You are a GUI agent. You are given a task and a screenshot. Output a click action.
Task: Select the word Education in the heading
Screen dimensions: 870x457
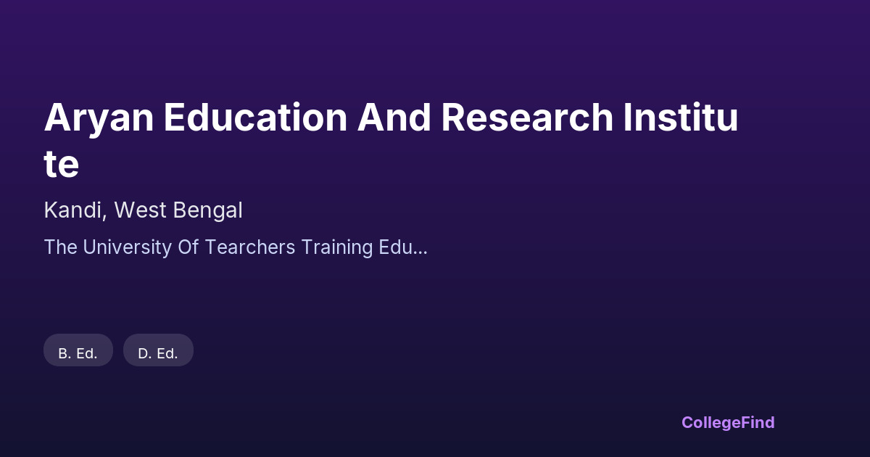tap(255, 117)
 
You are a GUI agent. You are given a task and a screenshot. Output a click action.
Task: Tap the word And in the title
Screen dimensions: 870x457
tap(394, 117)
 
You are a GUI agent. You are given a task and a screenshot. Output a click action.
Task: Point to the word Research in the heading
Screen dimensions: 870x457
tap(527, 117)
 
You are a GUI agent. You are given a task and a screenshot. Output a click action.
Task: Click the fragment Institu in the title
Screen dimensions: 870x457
tap(681, 117)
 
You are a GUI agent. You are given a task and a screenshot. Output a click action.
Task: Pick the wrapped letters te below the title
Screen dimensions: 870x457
tap(62, 164)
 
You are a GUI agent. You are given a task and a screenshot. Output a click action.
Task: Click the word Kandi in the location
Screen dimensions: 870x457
tap(72, 210)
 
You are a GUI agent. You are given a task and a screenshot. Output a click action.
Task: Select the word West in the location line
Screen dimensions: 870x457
tap(140, 210)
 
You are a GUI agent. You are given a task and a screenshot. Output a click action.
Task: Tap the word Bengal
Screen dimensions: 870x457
tap(208, 211)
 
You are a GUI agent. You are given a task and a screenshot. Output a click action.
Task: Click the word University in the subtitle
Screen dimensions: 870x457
tap(127, 248)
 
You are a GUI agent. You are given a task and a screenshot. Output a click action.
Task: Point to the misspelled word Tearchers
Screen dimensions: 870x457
tap(249, 247)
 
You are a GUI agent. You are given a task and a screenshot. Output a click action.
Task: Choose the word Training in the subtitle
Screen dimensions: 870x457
tap(336, 248)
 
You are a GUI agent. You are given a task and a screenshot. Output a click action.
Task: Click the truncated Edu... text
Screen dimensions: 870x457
tap(403, 247)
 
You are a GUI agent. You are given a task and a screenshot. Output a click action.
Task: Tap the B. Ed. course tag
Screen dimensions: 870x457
tap(78, 350)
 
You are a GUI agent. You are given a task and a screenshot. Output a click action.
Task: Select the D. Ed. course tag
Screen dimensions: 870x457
tap(158, 350)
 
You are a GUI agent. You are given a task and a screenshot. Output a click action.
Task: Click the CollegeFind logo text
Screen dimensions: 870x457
tap(728, 423)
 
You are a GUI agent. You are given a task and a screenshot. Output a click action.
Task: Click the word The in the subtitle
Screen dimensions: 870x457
tap(61, 247)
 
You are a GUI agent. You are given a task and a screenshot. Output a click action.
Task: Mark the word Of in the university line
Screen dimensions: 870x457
tap(188, 247)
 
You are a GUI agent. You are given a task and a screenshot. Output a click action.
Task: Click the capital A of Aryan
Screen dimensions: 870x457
tap(58, 117)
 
